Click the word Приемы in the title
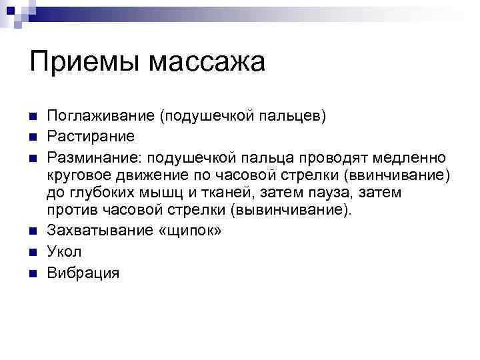click(84, 63)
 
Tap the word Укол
click(64, 252)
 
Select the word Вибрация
click(83, 272)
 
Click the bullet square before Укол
click(31, 253)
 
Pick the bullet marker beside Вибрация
click(31, 273)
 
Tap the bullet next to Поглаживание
click(31, 117)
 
